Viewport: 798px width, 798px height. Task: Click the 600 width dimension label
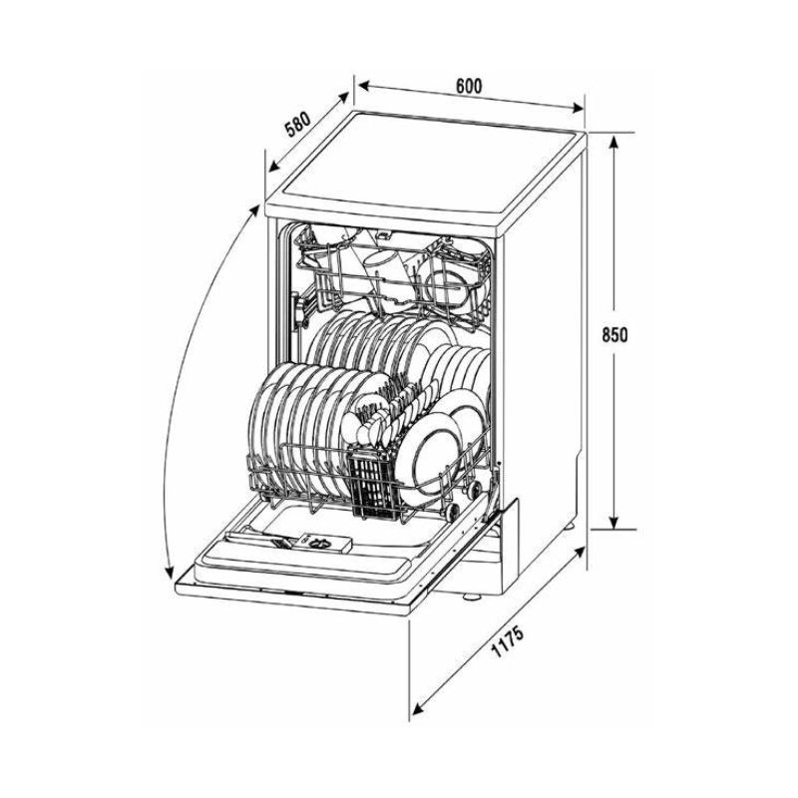pos(468,86)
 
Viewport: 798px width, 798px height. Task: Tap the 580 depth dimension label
pos(297,125)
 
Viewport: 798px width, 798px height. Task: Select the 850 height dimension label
pos(614,334)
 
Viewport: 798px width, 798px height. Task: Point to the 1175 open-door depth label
pos(507,641)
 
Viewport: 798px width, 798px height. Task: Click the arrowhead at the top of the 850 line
pos(613,141)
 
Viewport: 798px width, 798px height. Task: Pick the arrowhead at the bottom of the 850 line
pos(613,521)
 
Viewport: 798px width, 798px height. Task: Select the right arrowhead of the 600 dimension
pos(578,108)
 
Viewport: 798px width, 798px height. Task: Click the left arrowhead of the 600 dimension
pos(362,85)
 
